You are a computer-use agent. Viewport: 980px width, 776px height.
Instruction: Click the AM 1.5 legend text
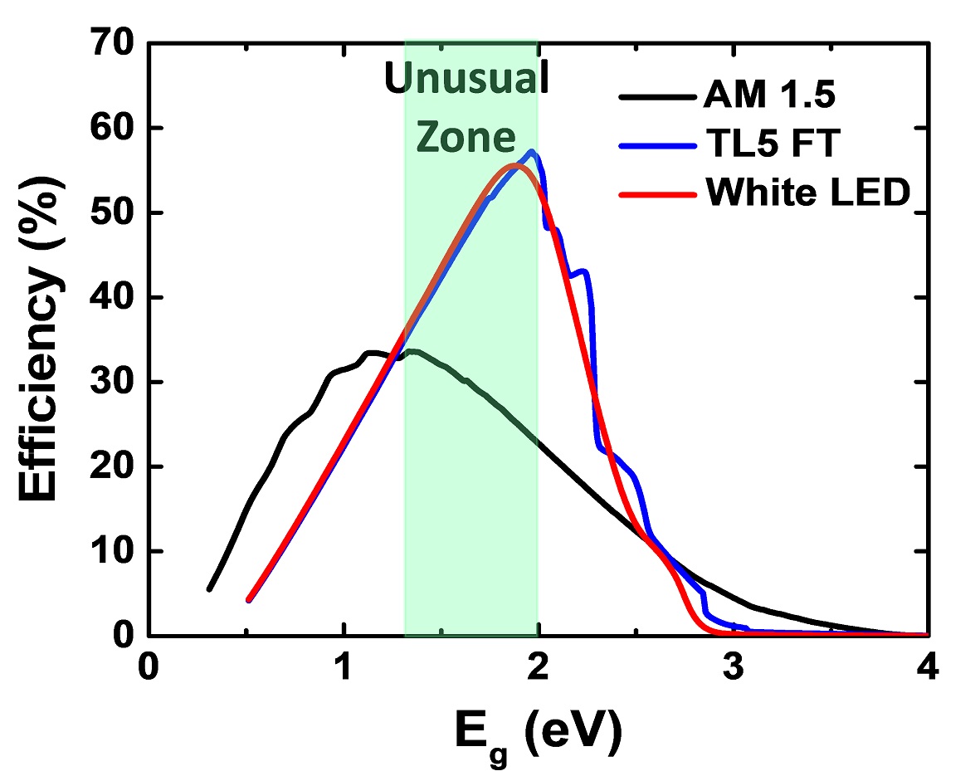tap(768, 98)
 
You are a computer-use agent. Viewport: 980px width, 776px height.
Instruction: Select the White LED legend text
tap(807, 193)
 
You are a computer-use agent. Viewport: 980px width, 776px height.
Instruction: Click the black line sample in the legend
tap(655, 99)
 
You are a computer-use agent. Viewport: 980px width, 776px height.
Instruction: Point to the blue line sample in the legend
tap(655, 146)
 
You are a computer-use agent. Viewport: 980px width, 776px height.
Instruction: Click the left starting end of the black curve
tap(209, 589)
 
